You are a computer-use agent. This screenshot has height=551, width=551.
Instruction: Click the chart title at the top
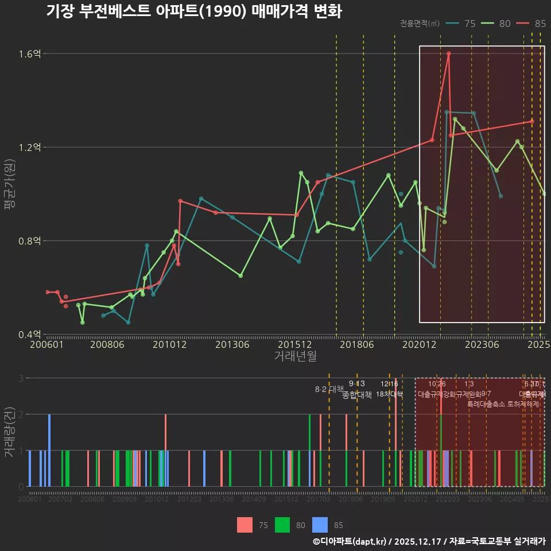194,11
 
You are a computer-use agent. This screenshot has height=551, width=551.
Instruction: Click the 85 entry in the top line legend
540,24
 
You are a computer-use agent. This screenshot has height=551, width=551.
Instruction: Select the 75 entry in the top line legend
469,24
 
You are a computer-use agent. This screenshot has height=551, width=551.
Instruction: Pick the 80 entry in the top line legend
505,24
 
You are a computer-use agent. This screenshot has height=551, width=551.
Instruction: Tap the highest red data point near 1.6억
449,53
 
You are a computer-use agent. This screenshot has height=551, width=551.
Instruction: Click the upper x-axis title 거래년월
295,356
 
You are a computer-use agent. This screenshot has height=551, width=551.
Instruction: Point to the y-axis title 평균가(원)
10,193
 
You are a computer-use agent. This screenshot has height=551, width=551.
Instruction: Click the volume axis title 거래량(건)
10,432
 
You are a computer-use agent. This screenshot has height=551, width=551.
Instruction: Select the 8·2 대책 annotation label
329,389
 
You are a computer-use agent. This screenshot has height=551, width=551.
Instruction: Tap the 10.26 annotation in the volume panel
437,384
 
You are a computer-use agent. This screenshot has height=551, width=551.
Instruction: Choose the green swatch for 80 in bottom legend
282,524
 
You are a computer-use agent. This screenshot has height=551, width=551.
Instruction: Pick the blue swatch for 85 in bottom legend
320,524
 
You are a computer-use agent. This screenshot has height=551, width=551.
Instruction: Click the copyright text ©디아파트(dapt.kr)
350,541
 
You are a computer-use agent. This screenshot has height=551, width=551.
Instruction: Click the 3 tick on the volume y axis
21,378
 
